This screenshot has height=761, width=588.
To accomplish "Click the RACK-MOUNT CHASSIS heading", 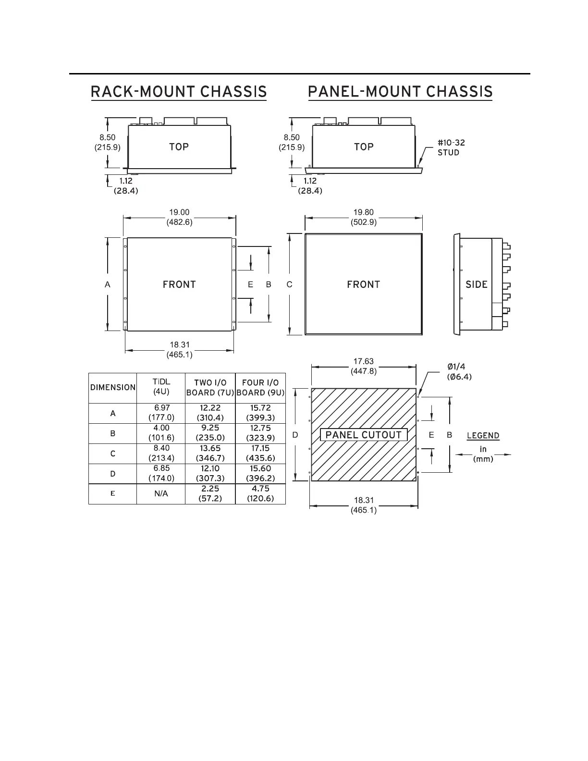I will [x=179, y=92].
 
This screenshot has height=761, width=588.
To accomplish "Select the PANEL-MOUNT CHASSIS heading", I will [x=400, y=92].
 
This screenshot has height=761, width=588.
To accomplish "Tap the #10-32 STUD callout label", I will [x=451, y=147].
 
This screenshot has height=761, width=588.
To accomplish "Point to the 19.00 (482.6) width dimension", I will [x=179, y=217].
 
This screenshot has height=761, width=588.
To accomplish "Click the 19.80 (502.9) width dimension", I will [x=364, y=217].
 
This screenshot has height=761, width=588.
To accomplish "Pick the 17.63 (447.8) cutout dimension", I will [x=364, y=366].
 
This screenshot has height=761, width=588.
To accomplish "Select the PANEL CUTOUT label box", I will [x=364, y=435].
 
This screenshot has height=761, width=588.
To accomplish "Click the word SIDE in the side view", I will [x=477, y=284].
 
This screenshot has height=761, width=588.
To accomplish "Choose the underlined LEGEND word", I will [x=483, y=436].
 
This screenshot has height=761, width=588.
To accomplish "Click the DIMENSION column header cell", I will [x=113, y=388].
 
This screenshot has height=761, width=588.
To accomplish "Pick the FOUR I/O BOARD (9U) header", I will [x=260, y=388].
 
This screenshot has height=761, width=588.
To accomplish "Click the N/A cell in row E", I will [x=161, y=494].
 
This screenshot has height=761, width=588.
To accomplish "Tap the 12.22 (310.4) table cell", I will [x=210, y=413].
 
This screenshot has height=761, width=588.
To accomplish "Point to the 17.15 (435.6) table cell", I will [x=260, y=453].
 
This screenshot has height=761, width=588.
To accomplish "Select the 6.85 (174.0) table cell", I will [x=161, y=473].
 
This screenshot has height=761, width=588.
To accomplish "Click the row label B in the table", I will [x=113, y=433].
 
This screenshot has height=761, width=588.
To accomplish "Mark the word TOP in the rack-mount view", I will [x=179, y=147].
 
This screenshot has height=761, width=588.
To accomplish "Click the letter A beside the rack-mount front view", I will [x=108, y=284].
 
